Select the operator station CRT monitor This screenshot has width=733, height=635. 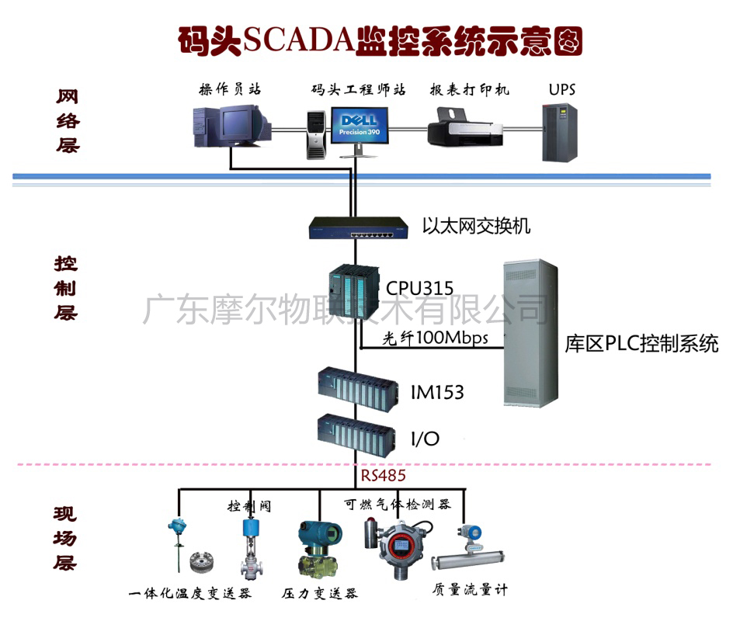click(x=241, y=124)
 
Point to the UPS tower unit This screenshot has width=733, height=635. click(x=559, y=132)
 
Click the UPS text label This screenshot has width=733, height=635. click(x=561, y=89)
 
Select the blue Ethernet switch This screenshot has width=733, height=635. click(x=358, y=227)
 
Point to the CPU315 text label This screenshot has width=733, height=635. click(x=419, y=289)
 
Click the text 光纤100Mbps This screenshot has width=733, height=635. click(x=436, y=338)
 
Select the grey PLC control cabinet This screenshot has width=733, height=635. click(x=530, y=334)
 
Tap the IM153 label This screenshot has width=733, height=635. click(x=437, y=392)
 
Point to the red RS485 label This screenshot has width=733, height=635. click(x=383, y=474)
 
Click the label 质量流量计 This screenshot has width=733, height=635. click(x=470, y=590)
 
